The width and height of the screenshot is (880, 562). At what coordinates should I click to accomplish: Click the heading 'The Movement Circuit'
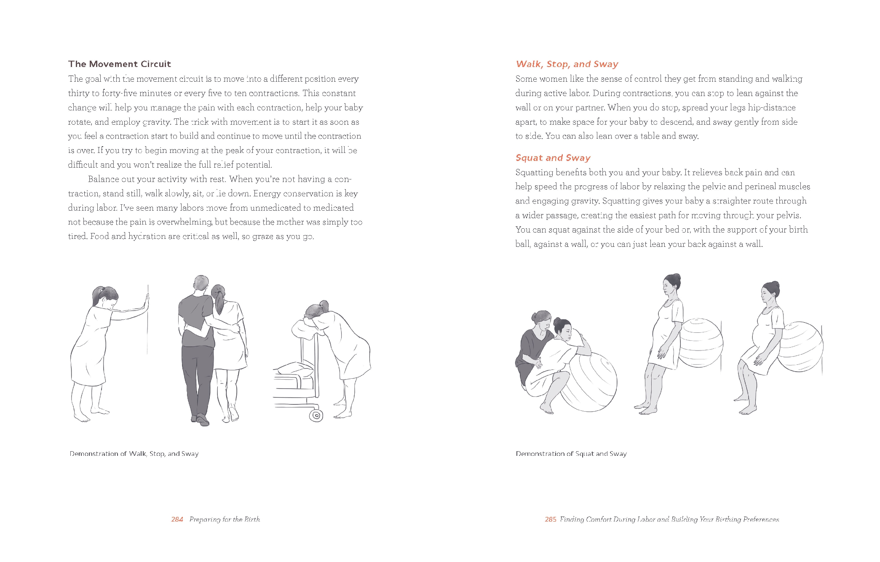120,64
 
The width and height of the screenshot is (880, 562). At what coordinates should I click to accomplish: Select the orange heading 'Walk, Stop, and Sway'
567,64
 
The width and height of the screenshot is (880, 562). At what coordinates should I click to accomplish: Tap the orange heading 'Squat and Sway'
553,158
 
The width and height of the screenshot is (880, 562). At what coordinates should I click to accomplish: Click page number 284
177,519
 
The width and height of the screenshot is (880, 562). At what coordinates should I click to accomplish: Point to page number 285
551,519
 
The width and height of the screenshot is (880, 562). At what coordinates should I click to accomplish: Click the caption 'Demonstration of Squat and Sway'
571,454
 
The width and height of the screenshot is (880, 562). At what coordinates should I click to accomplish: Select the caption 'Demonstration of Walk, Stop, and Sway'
134,454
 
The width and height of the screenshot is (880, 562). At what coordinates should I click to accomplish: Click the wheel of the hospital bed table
316,416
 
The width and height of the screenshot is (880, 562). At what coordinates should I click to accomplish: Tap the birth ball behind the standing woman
701,343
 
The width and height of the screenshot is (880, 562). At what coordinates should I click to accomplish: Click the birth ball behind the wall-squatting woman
800,347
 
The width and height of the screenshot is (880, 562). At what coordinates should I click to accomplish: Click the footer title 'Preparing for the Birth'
225,519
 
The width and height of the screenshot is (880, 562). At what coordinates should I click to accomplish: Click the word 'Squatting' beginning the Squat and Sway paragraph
534,173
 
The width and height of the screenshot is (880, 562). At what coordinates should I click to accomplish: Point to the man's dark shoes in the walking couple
201,419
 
